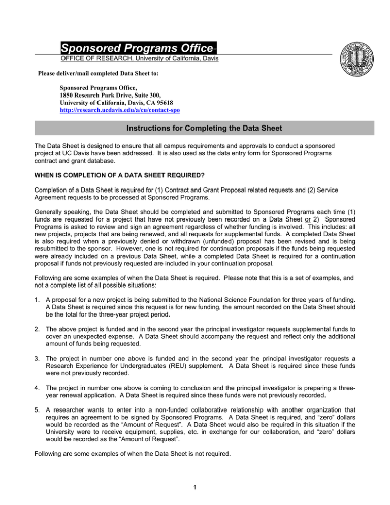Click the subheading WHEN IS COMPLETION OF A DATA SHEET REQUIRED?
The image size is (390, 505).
(112, 177)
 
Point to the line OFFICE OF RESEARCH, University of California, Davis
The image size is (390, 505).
(137, 59)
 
